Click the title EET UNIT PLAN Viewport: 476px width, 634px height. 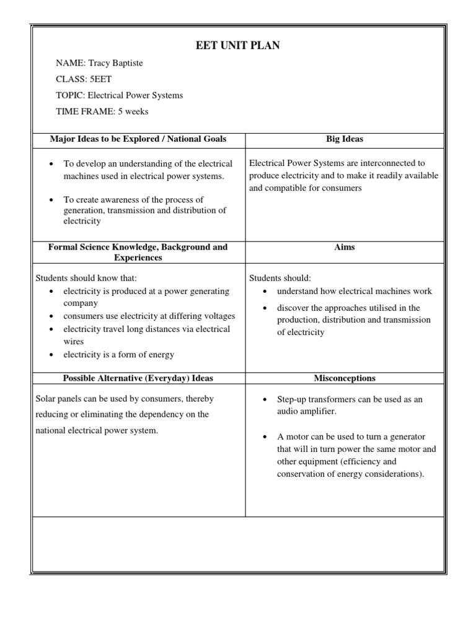237,46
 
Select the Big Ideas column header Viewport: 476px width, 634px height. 345,139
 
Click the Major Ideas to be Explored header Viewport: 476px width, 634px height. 138,139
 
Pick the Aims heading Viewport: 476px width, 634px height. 345,247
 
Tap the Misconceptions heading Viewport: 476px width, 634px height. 345,378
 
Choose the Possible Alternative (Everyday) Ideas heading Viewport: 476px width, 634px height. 138,378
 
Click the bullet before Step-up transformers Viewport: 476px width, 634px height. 265,400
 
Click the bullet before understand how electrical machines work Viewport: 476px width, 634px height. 265,292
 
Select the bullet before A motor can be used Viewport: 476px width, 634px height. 265,437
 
